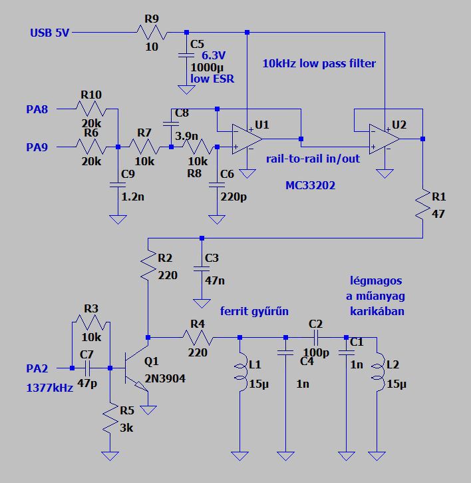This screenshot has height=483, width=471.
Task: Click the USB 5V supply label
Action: pyautogui.click(x=49, y=33)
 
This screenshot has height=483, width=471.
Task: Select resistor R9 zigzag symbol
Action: pyautogui.click(x=152, y=33)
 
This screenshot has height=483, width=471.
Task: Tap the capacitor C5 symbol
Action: pyautogui.click(x=186, y=55)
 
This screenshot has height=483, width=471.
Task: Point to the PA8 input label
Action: pyautogui.click(x=37, y=109)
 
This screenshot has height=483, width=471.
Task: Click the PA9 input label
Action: pyautogui.click(x=37, y=147)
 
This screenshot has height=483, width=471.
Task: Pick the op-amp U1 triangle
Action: pyautogui.click(x=247, y=139)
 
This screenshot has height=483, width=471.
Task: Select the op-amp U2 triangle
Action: pyautogui.click(x=385, y=139)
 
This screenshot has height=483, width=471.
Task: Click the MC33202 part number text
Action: pyautogui.click(x=310, y=185)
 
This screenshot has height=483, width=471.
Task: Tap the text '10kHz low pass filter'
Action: pyautogui.click(x=319, y=63)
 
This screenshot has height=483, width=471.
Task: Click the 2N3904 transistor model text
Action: pyautogui.click(x=165, y=378)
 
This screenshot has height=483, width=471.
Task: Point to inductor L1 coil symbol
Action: pyautogui.click(x=241, y=372)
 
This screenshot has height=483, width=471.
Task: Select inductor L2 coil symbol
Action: pyautogui.click(x=378, y=372)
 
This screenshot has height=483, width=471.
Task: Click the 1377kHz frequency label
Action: pyautogui.click(x=49, y=388)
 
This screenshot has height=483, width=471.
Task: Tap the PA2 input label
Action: pyautogui.click(x=37, y=368)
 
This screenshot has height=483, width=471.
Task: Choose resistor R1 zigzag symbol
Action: pyautogui.click(x=422, y=205)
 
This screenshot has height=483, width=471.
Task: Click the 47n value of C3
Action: pyautogui.click(x=215, y=280)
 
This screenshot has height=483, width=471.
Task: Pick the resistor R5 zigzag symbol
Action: pyautogui.click(x=110, y=418)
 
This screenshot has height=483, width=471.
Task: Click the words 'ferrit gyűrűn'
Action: pyautogui.click(x=254, y=311)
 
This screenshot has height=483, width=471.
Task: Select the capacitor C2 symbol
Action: pyautogui.click(x=315, y=337)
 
